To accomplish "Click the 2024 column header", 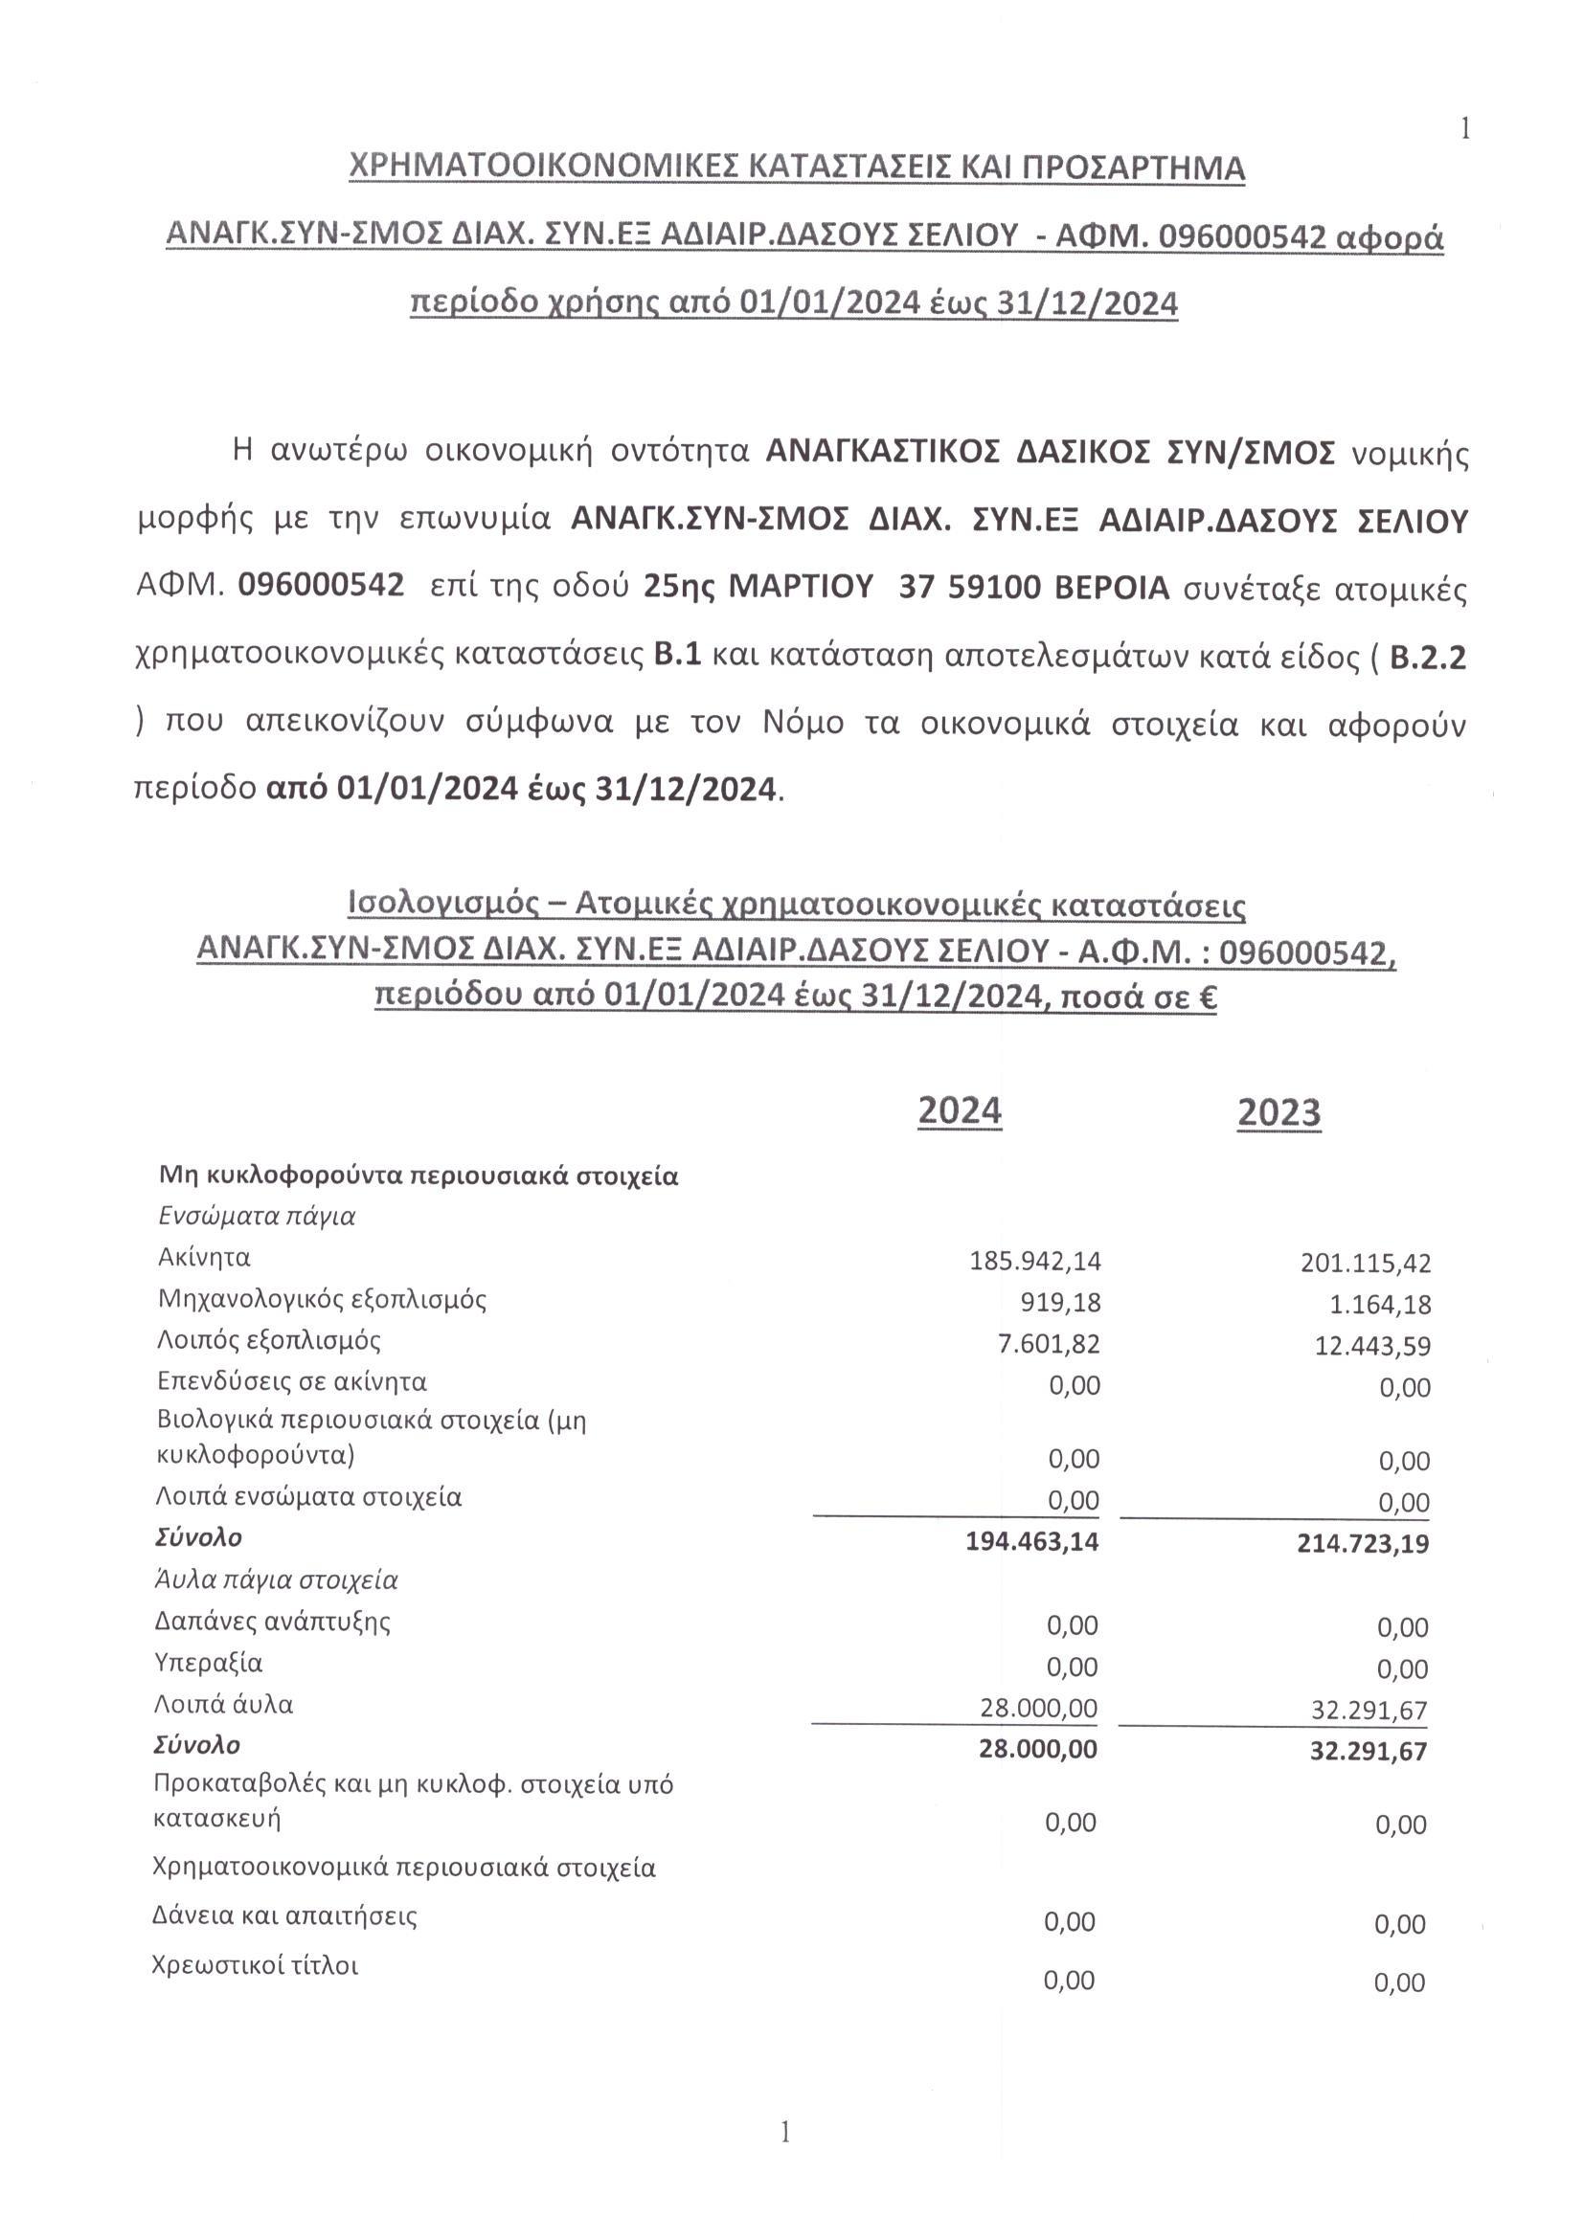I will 960,1110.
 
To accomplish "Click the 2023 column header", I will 1279,1112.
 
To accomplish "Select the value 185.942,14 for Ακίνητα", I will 1035,1261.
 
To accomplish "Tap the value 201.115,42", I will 1366,1264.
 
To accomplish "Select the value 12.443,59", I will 1371,1347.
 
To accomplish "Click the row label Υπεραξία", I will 209,1663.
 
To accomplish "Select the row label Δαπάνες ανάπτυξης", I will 273,1622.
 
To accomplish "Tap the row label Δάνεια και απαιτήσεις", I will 284,1916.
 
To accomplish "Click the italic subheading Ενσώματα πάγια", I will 257,1216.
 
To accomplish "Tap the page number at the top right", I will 1464,128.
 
